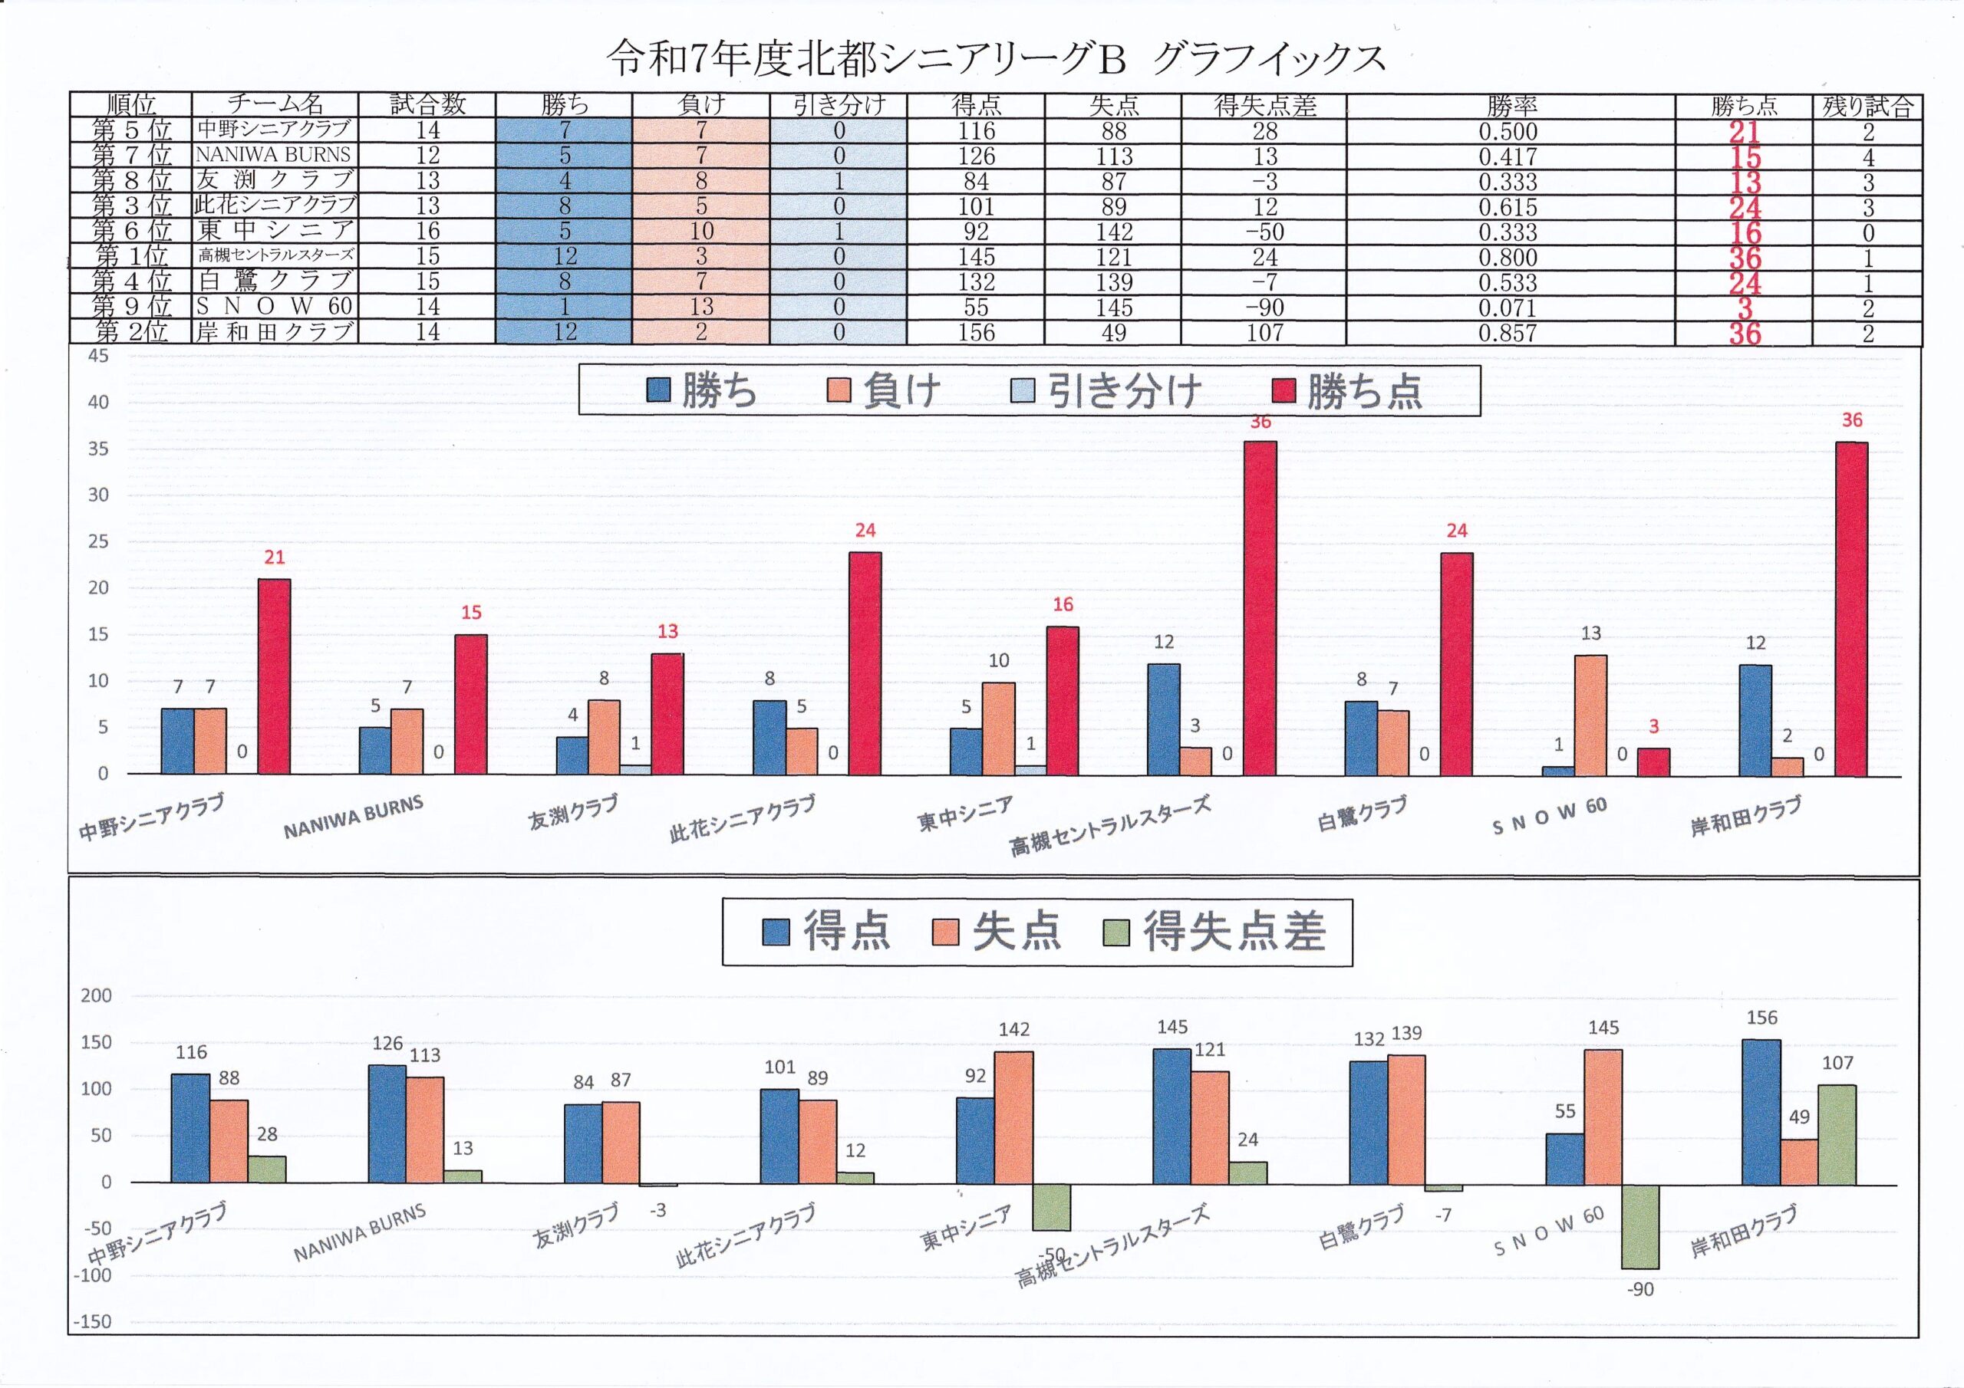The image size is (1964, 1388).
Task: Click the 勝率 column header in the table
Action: pos(1511,105)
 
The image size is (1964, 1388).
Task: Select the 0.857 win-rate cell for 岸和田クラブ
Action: pos(1508,333)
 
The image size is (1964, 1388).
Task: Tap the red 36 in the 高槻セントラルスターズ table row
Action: pos(1744,258)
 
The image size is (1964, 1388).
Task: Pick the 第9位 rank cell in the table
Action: pos(132,306)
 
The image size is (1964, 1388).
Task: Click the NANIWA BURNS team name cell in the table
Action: pos(273,155)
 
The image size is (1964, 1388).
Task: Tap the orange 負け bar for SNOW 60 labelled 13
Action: pos(1590,715)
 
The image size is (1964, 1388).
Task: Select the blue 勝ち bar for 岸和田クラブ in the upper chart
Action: pos(1755,720)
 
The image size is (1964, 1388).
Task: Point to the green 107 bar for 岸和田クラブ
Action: pos(1837,1134)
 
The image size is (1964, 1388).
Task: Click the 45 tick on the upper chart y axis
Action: pos(98,356)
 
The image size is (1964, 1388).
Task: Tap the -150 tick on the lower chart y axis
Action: pos(91,1321)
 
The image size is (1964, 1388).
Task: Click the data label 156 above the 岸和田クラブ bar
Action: pos(1761,1018)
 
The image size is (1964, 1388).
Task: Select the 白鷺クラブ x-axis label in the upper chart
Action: pos(1362,812)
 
